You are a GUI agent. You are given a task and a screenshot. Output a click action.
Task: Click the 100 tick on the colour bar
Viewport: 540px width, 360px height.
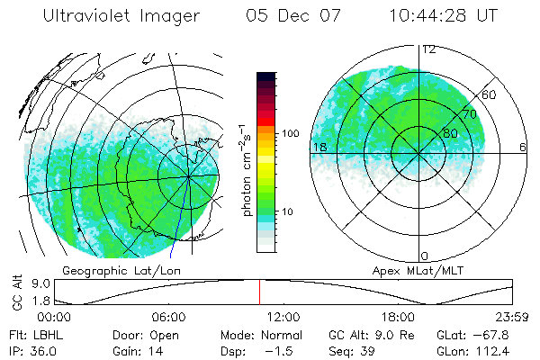[290, 133]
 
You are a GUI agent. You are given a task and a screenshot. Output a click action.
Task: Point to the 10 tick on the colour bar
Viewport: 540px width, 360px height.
[290, 211]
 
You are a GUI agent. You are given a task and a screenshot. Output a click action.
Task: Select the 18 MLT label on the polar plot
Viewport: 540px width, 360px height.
[319, 147]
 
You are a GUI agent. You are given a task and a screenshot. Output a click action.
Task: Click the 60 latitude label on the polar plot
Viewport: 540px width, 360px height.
[490, 95]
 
